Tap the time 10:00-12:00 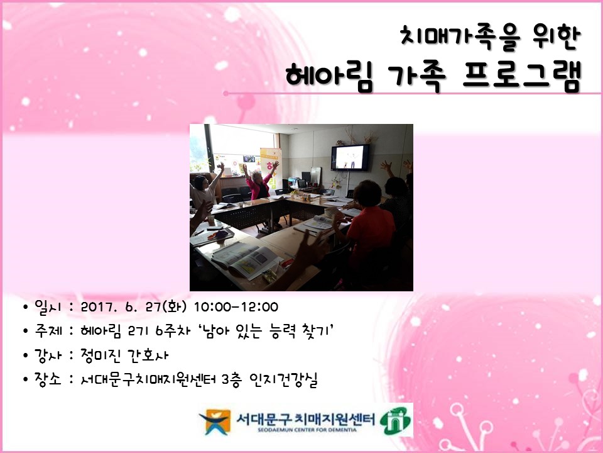(x=236, y=307)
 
